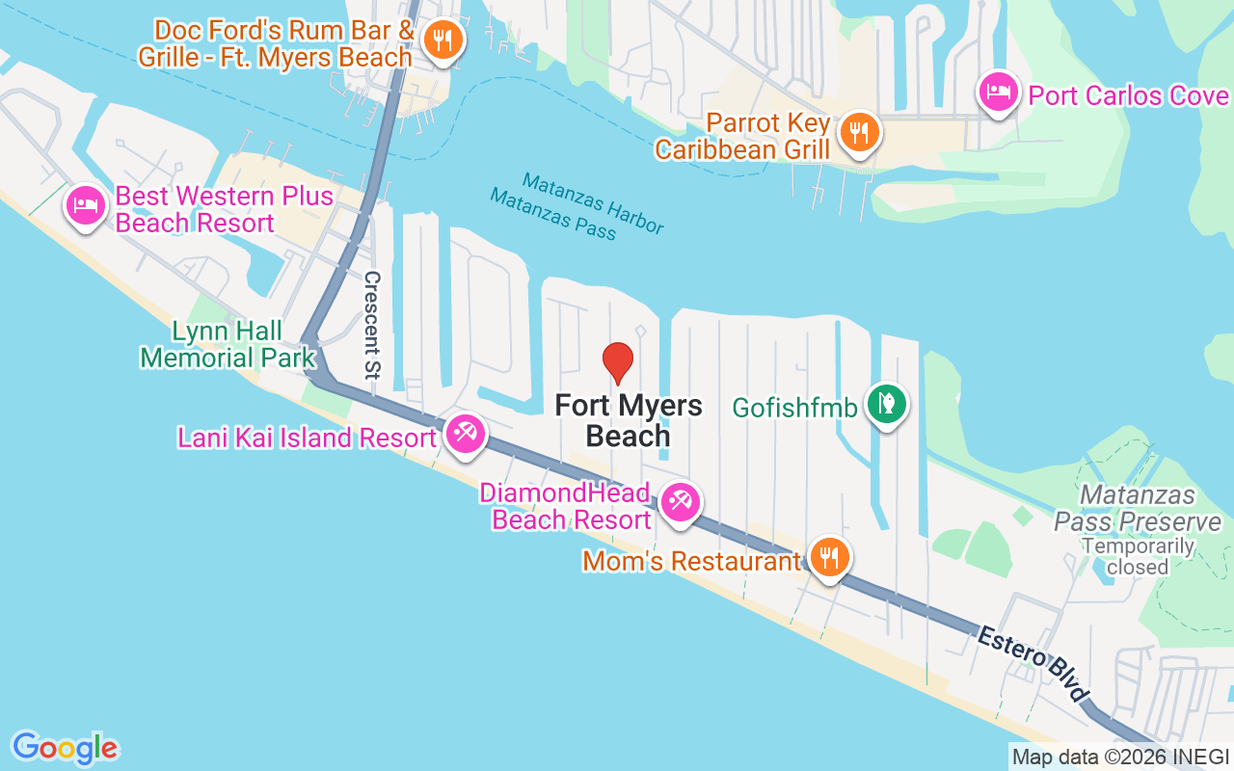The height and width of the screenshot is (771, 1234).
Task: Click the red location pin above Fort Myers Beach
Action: click(x=618, y=362)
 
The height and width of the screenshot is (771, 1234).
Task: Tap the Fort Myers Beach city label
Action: click(x=629, y=420)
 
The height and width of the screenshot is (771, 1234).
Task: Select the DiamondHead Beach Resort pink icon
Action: click(x=681, y=501)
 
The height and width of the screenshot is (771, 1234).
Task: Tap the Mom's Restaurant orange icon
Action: click(x=827, y=556)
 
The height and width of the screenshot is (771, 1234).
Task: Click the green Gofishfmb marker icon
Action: click(x=885, y=404)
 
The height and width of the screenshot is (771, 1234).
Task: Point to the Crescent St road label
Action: click(x=372, y=324)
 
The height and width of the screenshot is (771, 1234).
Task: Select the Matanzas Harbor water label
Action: click(x=593, y=202)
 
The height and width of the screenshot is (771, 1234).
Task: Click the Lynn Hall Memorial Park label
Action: click(x=228, y=345)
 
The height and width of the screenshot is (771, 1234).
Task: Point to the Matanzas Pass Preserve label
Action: click(x=1138, y=508)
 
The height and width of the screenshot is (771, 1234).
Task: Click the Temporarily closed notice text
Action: click(x=1138, y=556)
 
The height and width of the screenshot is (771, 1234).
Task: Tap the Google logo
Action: click(x=65, y=748)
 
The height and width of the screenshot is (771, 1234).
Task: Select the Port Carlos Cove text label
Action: click(x=1129, y=95)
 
